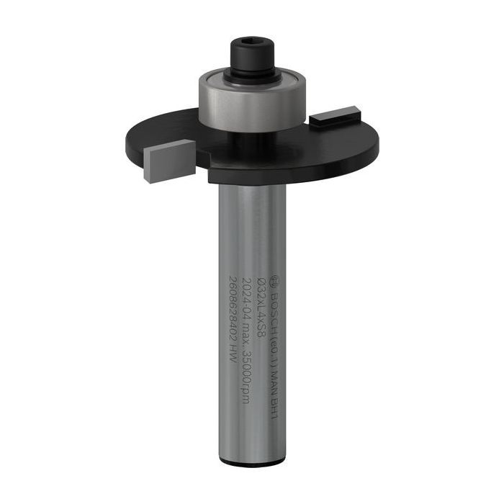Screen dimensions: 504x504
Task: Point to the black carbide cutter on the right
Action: tap(335, 116)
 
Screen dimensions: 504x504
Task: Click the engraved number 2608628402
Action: tap(233, 305)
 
